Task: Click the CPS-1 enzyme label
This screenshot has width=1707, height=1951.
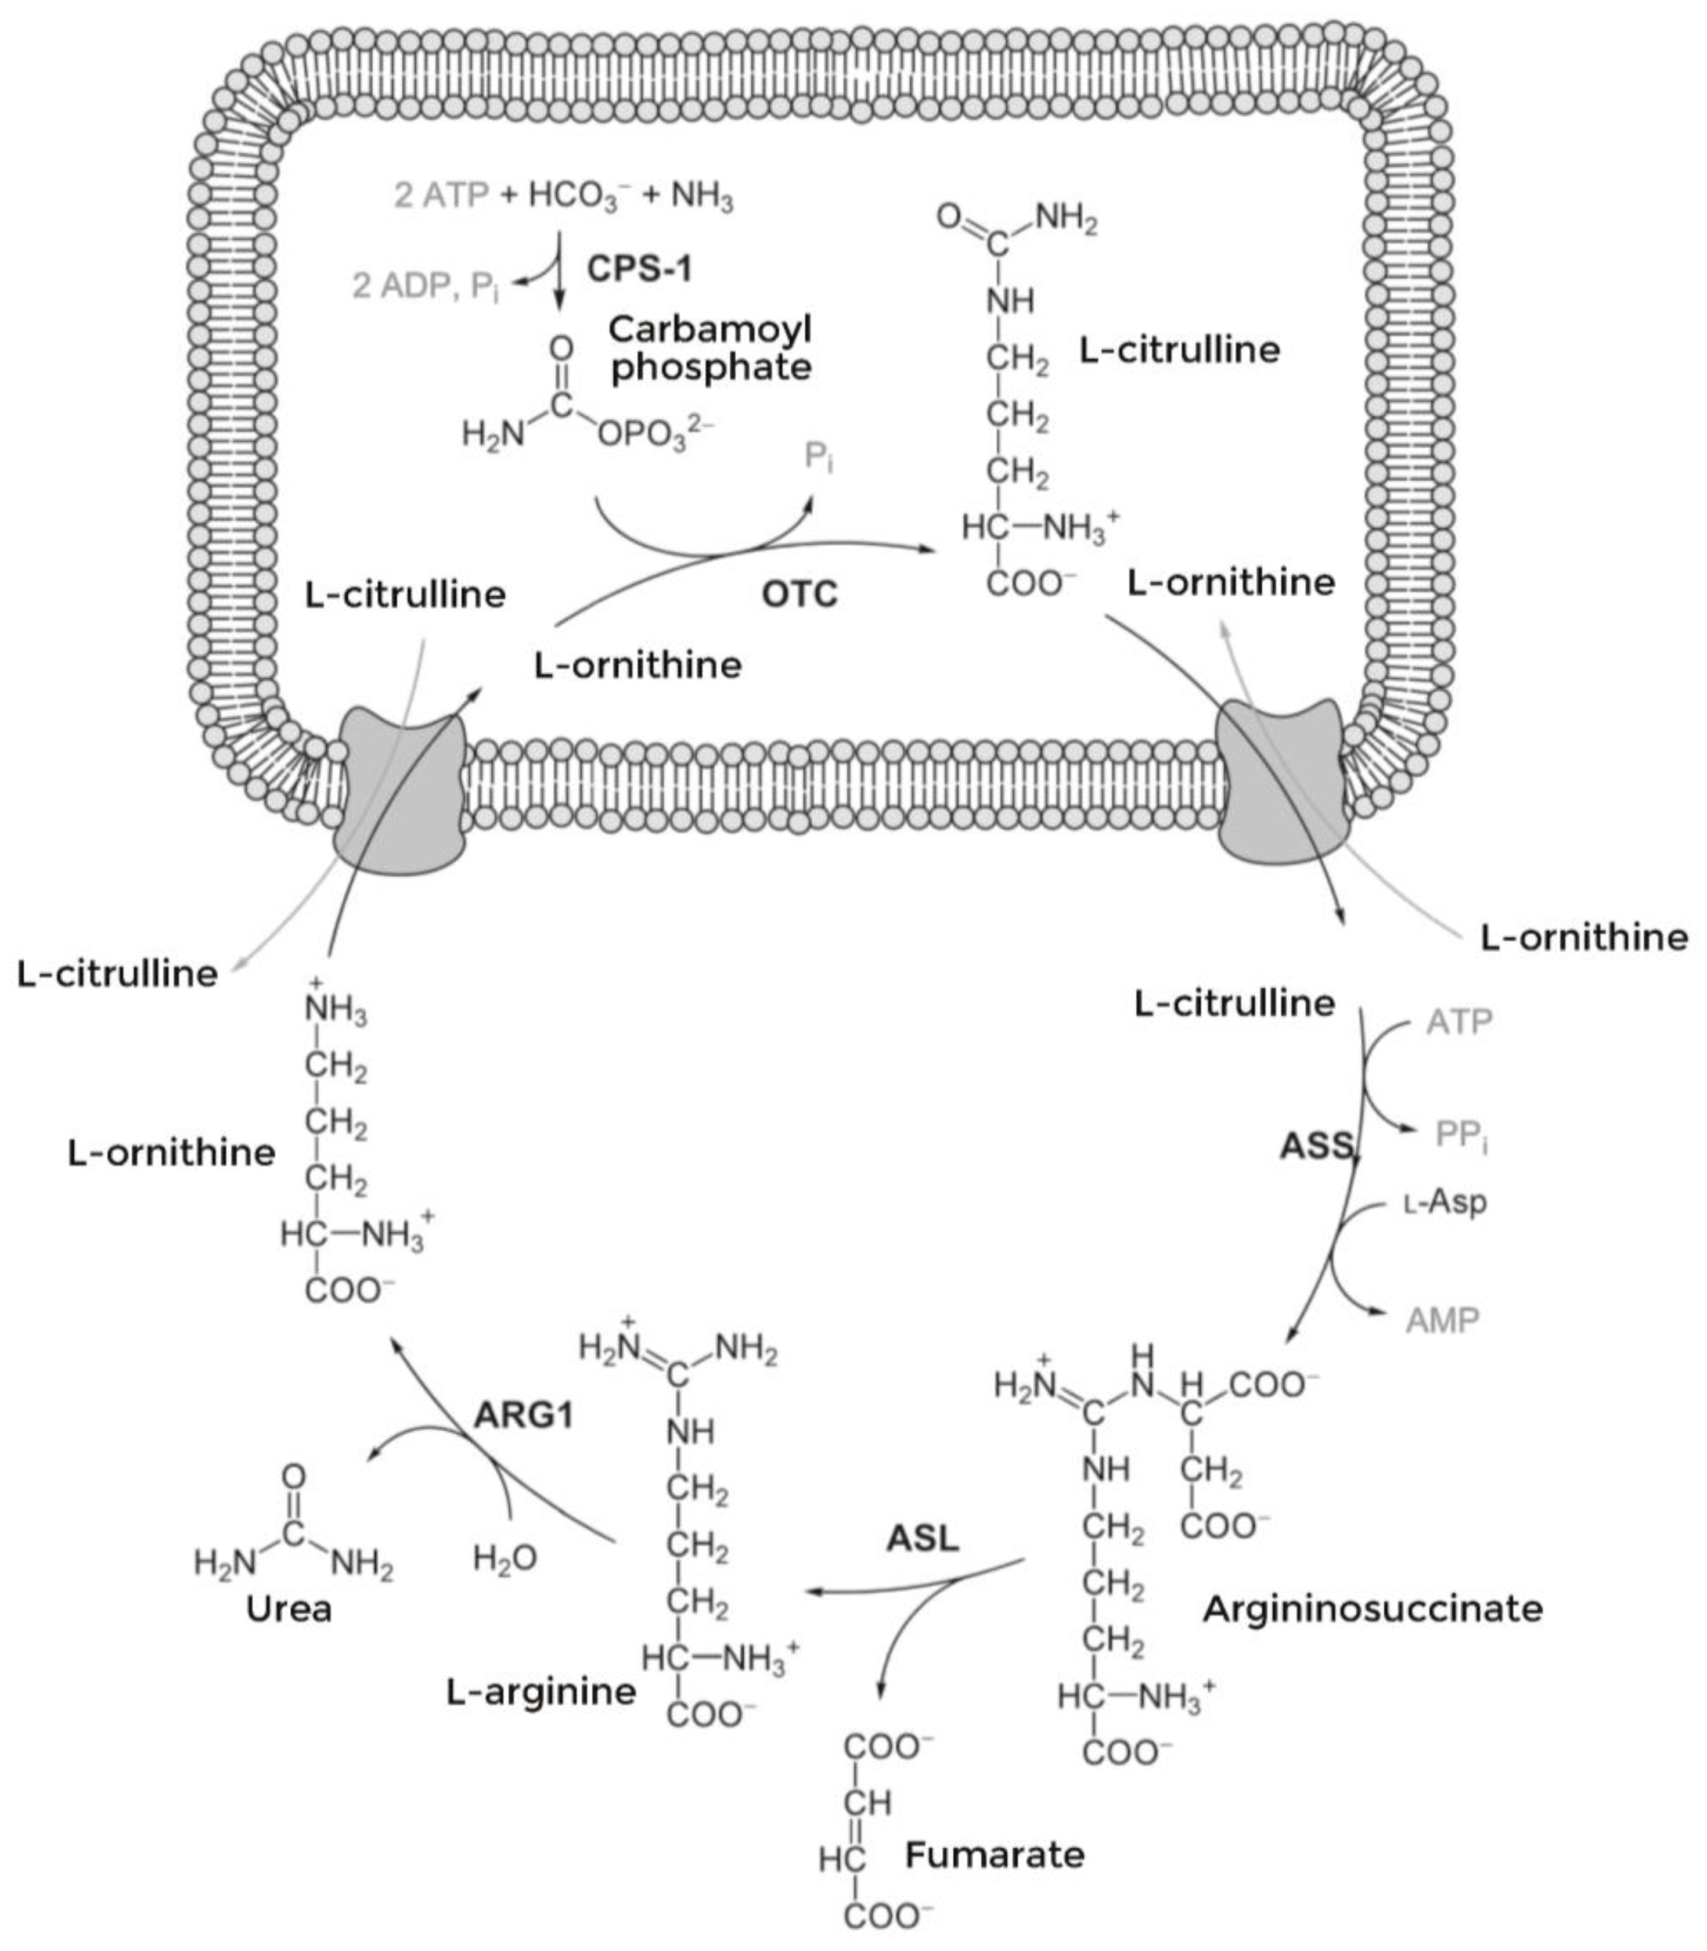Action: [x=639, y=269]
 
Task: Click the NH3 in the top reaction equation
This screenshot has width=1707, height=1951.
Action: [x=702, y=197]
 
